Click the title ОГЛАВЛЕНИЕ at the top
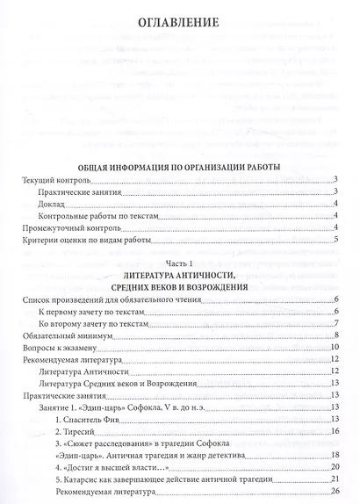[179, 21]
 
